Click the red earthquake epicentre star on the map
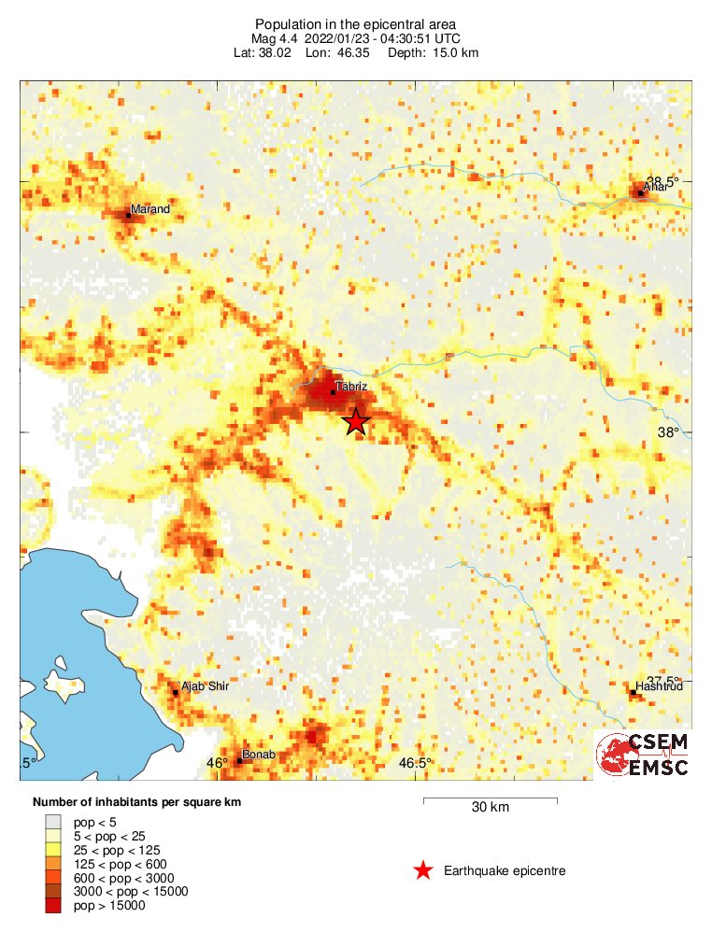(355, 422)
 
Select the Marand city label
(150, 209)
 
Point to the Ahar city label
(657, 187)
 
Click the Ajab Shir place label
(204, 686)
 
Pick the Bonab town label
(258, 754)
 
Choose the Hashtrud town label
(660, 686)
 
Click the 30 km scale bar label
(490, 808)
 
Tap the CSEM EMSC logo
(644, 755)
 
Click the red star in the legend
(422, 870)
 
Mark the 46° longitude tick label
(217, 763)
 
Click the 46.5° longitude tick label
(415, 763)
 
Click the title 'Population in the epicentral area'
(356, 23)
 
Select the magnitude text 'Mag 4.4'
(273, 38)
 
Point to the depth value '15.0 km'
(456, 53)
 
